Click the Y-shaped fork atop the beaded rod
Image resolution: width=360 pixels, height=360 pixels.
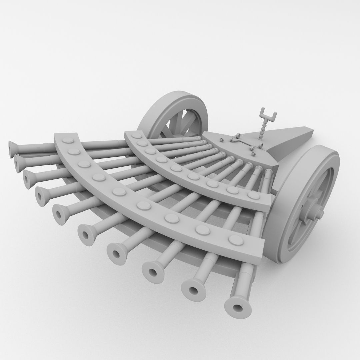click(x=268, y=115)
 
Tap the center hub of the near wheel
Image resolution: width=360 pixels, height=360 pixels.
click(x=315, y=212)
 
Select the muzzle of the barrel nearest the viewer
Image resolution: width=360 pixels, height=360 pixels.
click(x=238, y=307)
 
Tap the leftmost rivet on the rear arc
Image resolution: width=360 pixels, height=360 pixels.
click(x=135, y=136)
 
